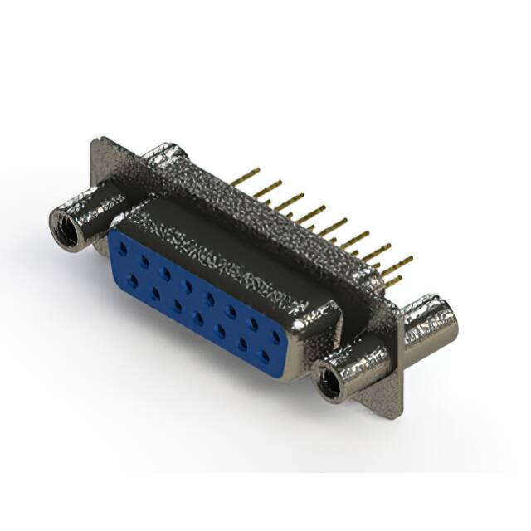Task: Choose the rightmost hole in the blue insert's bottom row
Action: coord(265,358)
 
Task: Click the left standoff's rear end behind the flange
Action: coord(166,156)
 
